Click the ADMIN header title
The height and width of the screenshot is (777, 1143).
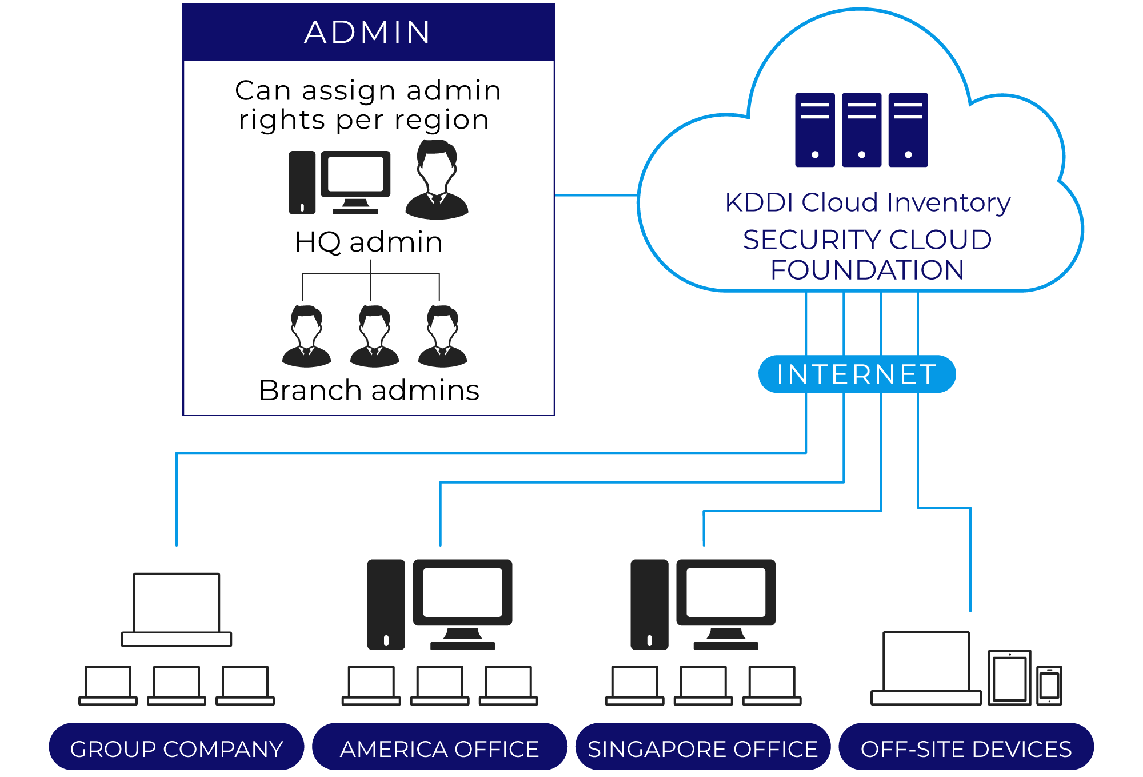coord(368,32)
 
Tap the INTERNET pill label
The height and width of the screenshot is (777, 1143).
coord(856,374)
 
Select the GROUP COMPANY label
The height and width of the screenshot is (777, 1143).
coord(176,748)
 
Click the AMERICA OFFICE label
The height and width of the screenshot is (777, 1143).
coord(439,748)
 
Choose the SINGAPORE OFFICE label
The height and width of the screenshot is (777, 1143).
coord(702,748)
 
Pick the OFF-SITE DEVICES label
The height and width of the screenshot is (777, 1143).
coord(966,748)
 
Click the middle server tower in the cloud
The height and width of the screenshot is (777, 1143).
coord(861,130)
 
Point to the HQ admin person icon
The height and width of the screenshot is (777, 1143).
coord(437,180)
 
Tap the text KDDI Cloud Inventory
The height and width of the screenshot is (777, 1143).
coord(867,202)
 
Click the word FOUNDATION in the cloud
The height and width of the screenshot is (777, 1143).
coord(867,270)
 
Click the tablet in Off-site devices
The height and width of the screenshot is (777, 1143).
coord(1009,678)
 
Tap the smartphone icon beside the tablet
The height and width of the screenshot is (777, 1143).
coord(1049,685)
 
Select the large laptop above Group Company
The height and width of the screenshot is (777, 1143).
coord(177,609)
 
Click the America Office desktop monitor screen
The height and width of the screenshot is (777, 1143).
coord(462,592)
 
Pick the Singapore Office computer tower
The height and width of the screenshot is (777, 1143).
coord(649,604)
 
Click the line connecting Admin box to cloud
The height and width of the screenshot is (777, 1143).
coord(596,196)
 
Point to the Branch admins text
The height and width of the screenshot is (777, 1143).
coord(369,391)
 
